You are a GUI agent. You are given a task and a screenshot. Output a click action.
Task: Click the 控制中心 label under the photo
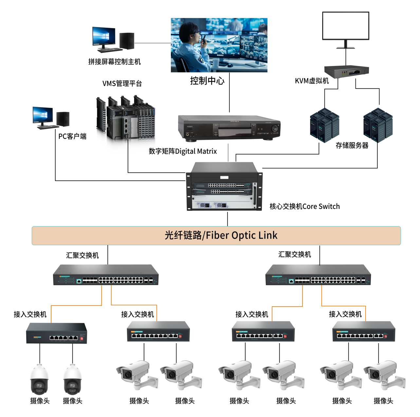[207, 81]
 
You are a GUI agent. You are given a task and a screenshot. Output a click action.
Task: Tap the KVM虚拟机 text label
[312, 81]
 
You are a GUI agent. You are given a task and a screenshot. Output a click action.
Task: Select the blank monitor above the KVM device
[346, 26]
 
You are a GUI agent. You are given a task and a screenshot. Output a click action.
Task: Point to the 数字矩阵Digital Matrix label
[183, 151]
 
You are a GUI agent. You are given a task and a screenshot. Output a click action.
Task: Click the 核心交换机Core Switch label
[304, 207]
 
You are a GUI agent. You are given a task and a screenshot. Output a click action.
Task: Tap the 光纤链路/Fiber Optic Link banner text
[221, 235]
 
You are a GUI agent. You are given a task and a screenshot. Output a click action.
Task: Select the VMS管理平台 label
[122, 84]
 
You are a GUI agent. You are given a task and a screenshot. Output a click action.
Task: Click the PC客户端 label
[72, 136]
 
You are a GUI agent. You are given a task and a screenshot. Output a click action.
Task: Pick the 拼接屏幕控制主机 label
[114, 62]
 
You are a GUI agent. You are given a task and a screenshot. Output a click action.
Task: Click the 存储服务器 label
[352, 146]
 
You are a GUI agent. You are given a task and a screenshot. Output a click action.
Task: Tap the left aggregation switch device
[106, 275]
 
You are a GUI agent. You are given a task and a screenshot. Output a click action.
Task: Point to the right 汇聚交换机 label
[295, 255]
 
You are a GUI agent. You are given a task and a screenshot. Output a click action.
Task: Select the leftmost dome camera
[39, 380]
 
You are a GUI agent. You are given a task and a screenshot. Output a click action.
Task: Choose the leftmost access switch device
[57, 333]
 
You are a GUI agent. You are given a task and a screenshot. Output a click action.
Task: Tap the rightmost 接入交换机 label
[345, 314]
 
